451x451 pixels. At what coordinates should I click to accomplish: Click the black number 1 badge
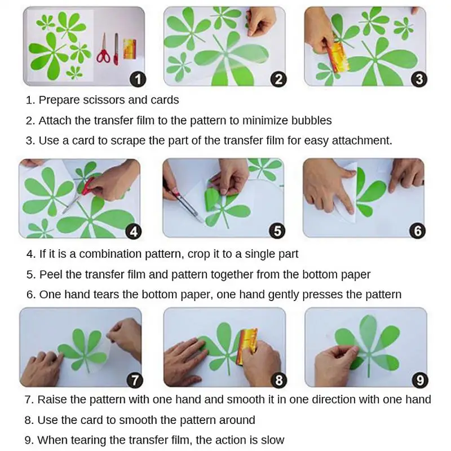(x=138, y=79)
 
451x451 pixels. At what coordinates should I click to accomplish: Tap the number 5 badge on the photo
(x=277, y=231)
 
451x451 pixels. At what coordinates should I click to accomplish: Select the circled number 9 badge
(x=420, y=380)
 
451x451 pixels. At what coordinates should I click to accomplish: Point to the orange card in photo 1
(x=130, y=49)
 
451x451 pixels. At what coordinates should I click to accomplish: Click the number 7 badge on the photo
(x=135, y=380)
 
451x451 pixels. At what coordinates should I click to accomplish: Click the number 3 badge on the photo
(x=419, y=79)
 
